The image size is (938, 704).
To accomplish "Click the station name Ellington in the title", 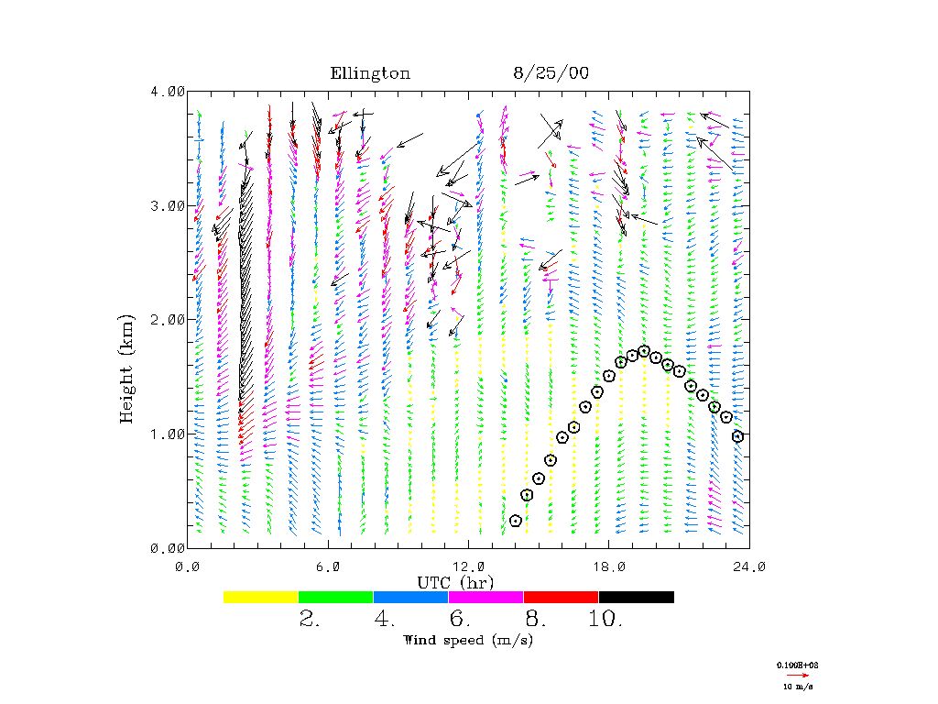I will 370,73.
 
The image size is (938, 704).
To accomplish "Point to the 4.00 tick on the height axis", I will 168,91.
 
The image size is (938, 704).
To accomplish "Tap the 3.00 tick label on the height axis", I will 168,205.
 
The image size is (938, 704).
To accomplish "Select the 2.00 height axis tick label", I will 168,319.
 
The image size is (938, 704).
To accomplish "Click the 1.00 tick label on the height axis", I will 168,434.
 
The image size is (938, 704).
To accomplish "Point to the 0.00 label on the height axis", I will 168,547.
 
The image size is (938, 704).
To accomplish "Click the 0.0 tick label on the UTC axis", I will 188,566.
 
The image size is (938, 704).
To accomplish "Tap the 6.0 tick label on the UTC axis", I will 328,566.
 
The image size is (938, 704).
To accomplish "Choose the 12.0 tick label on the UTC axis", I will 468,566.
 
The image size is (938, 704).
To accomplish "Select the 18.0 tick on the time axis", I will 608,566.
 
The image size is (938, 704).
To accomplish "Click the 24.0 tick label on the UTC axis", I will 749,566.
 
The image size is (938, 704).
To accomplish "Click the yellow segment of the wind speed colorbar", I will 261,597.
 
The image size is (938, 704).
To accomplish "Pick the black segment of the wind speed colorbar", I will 637,597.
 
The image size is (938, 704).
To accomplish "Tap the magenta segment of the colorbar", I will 486,597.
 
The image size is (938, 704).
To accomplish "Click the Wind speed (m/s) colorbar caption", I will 468,640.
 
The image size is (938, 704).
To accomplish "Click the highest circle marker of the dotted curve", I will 644,351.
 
